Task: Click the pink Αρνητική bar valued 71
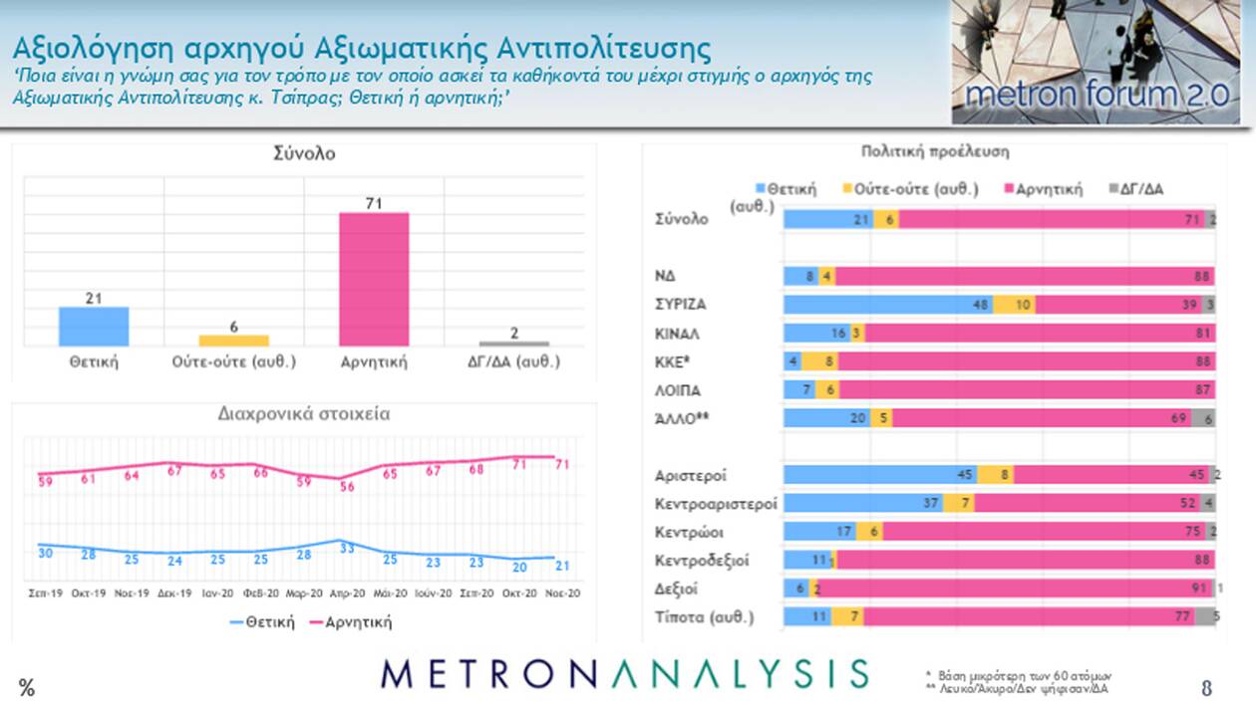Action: tap(374, 279)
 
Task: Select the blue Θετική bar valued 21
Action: tap(94, 326)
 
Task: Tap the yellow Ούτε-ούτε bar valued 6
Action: tap(233, 341)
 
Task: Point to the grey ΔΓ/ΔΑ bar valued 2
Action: tap(514, 344)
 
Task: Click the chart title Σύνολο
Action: tap(304, 153)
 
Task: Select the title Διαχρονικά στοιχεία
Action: tap(304, 414)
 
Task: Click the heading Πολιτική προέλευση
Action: tap(935, 152)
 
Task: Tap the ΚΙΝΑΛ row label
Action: tap(678, 333)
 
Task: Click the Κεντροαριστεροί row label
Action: tap(716, 503)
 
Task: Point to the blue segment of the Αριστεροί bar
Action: tap(879, 475)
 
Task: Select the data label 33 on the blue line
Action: tap(347, 548)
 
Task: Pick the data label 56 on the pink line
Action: tap(347, 487)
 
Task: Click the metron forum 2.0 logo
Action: tap(1095, 62)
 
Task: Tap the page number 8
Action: tap(1206, 687)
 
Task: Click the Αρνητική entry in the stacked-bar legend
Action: tap(1048, 189)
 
